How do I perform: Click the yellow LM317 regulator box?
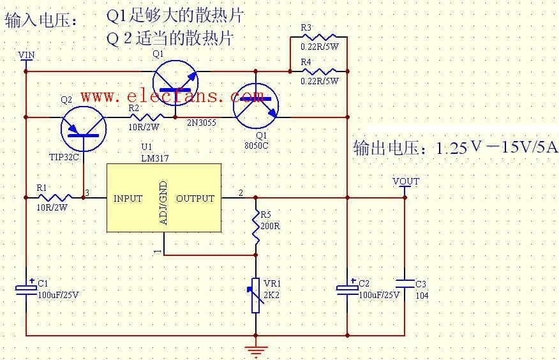pos(163,198)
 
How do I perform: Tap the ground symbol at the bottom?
pos(256,350)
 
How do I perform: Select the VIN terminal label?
pos(26,55)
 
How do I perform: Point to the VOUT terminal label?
pos(406,181)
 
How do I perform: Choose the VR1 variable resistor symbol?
pos(256,296)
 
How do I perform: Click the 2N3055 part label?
pos(201,120)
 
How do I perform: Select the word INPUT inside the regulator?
pos(128,199)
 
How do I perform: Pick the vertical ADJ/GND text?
pos(163,202)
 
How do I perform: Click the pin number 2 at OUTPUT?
pos(241,193)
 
